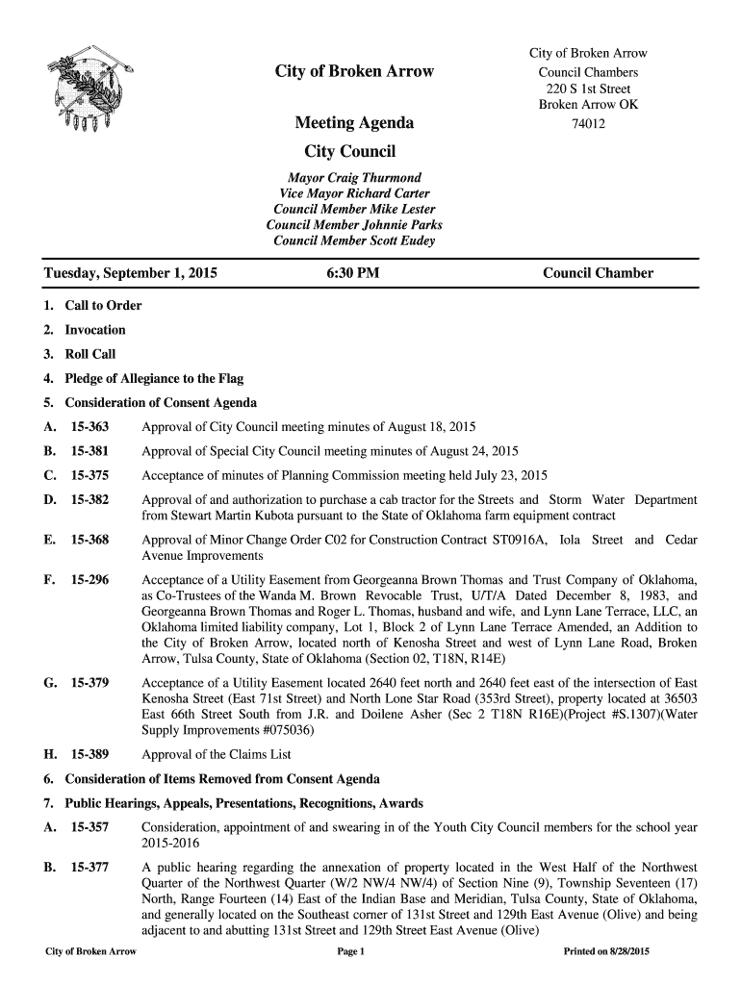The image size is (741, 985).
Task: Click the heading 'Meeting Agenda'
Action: point(354,123)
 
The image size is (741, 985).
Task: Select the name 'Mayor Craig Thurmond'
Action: point(354,179)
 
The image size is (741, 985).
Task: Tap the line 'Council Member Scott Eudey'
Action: point(354,240)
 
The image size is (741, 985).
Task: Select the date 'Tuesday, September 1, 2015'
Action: point(131,273)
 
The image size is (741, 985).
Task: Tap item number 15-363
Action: point(89,427)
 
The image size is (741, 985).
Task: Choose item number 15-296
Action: point(89,581)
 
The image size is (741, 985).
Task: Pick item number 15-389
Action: point(89,755)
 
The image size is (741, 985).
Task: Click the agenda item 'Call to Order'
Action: point(103,306)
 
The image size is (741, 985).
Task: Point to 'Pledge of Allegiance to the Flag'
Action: point(154,379)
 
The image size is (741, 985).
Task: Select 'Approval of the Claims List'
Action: point(217,755)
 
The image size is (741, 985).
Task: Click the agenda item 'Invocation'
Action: point(94,330)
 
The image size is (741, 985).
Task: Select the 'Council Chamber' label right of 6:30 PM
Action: point(598,273)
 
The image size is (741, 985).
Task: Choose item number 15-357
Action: point(89,827)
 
